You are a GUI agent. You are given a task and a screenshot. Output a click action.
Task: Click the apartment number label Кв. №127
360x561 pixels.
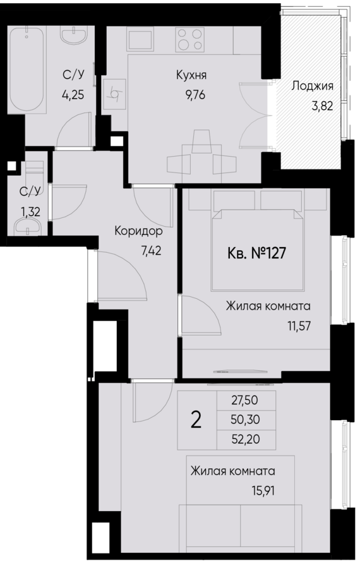click(x=256, y=253)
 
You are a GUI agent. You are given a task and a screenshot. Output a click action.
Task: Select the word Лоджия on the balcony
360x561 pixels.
click(x=312, y=87)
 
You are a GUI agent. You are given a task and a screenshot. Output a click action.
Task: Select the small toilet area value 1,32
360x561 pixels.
click(x=30, y=212)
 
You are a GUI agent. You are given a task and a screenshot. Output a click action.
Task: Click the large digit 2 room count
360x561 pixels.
click(x=196, y=420)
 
